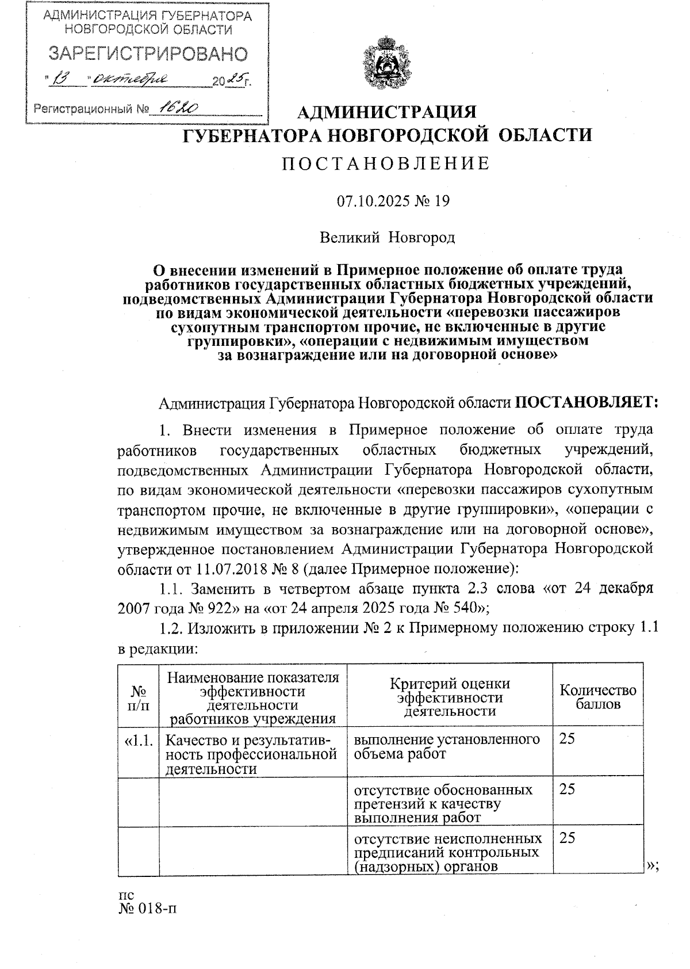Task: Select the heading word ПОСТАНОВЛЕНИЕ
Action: click(385, 164)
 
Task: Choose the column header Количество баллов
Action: click(598, 696)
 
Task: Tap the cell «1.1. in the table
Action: click(138, 739)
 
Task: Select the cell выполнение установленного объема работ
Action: click(447, 746)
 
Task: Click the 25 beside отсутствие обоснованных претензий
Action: click(567, 789)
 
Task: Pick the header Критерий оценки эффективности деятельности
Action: click(450, 697)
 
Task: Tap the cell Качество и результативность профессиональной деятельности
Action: click(251, 754)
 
